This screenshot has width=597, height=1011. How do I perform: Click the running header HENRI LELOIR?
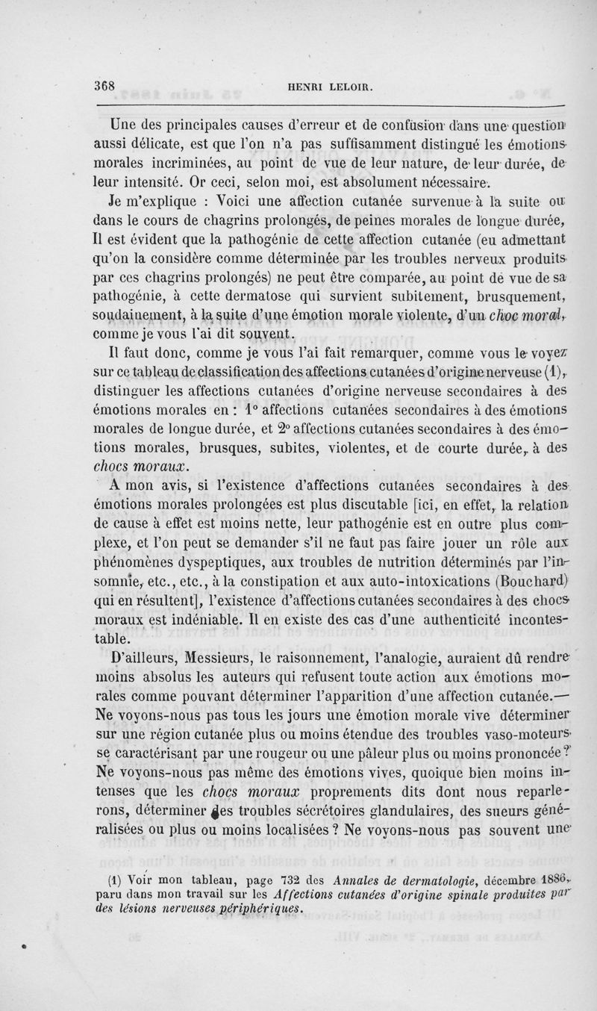(x=331, y=87)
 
